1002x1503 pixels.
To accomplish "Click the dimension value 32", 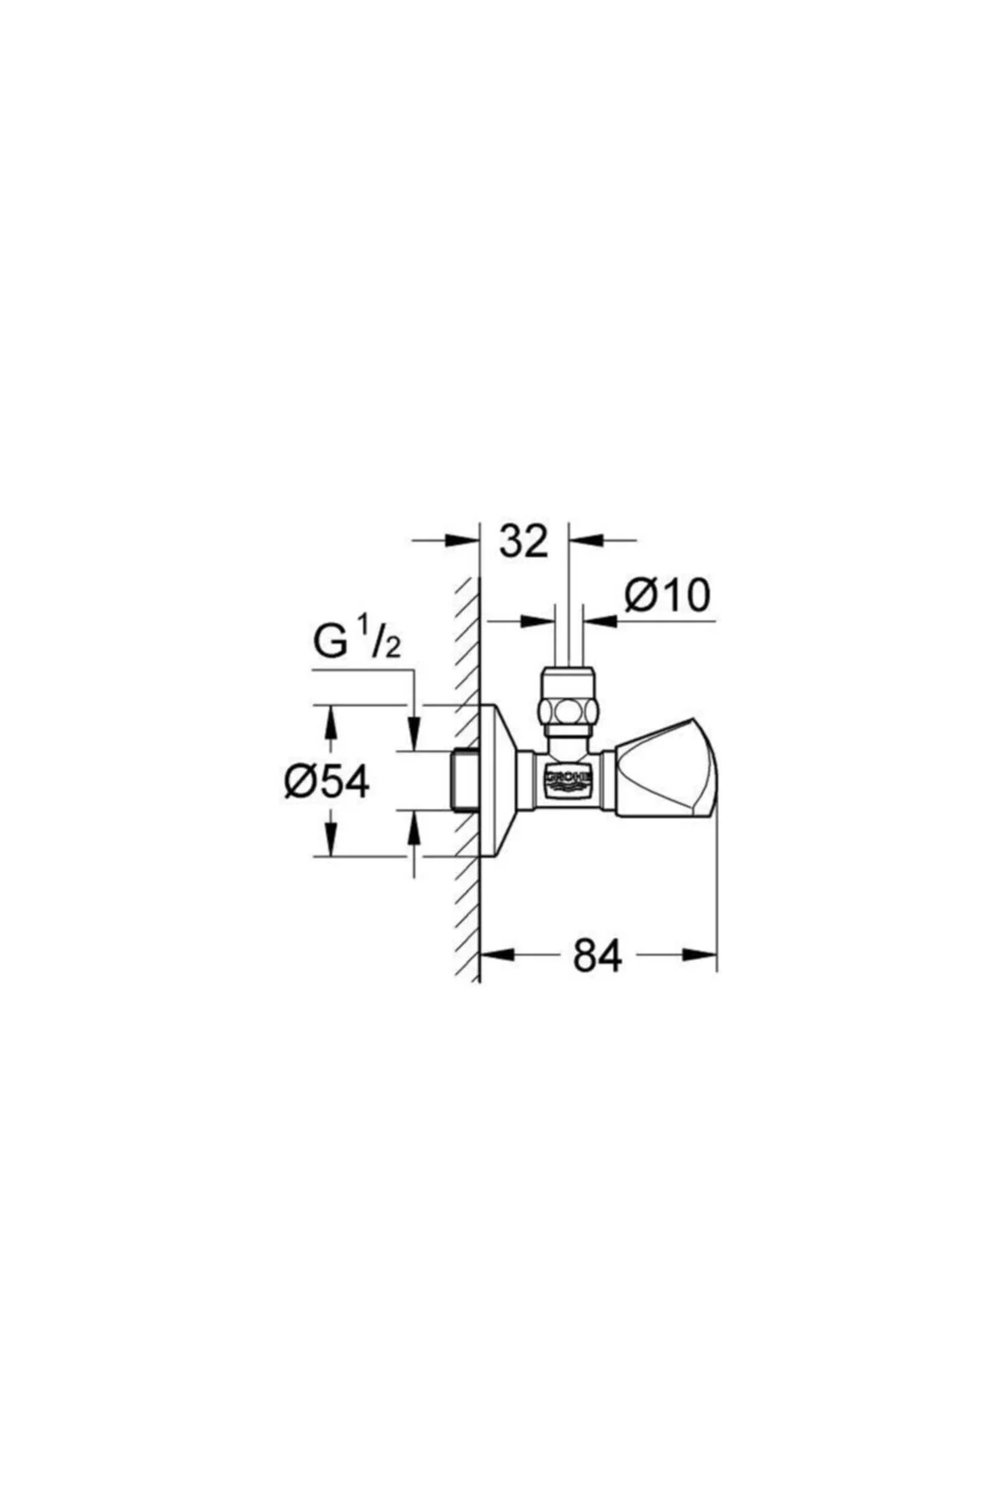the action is click(524, 541).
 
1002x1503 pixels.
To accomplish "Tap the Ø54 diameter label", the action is click(326, 782).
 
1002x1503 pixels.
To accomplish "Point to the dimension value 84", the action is click(598, 955).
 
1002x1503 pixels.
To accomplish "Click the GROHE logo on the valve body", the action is click(569, 779).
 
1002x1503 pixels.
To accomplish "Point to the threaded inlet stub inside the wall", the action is click(465, 780).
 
